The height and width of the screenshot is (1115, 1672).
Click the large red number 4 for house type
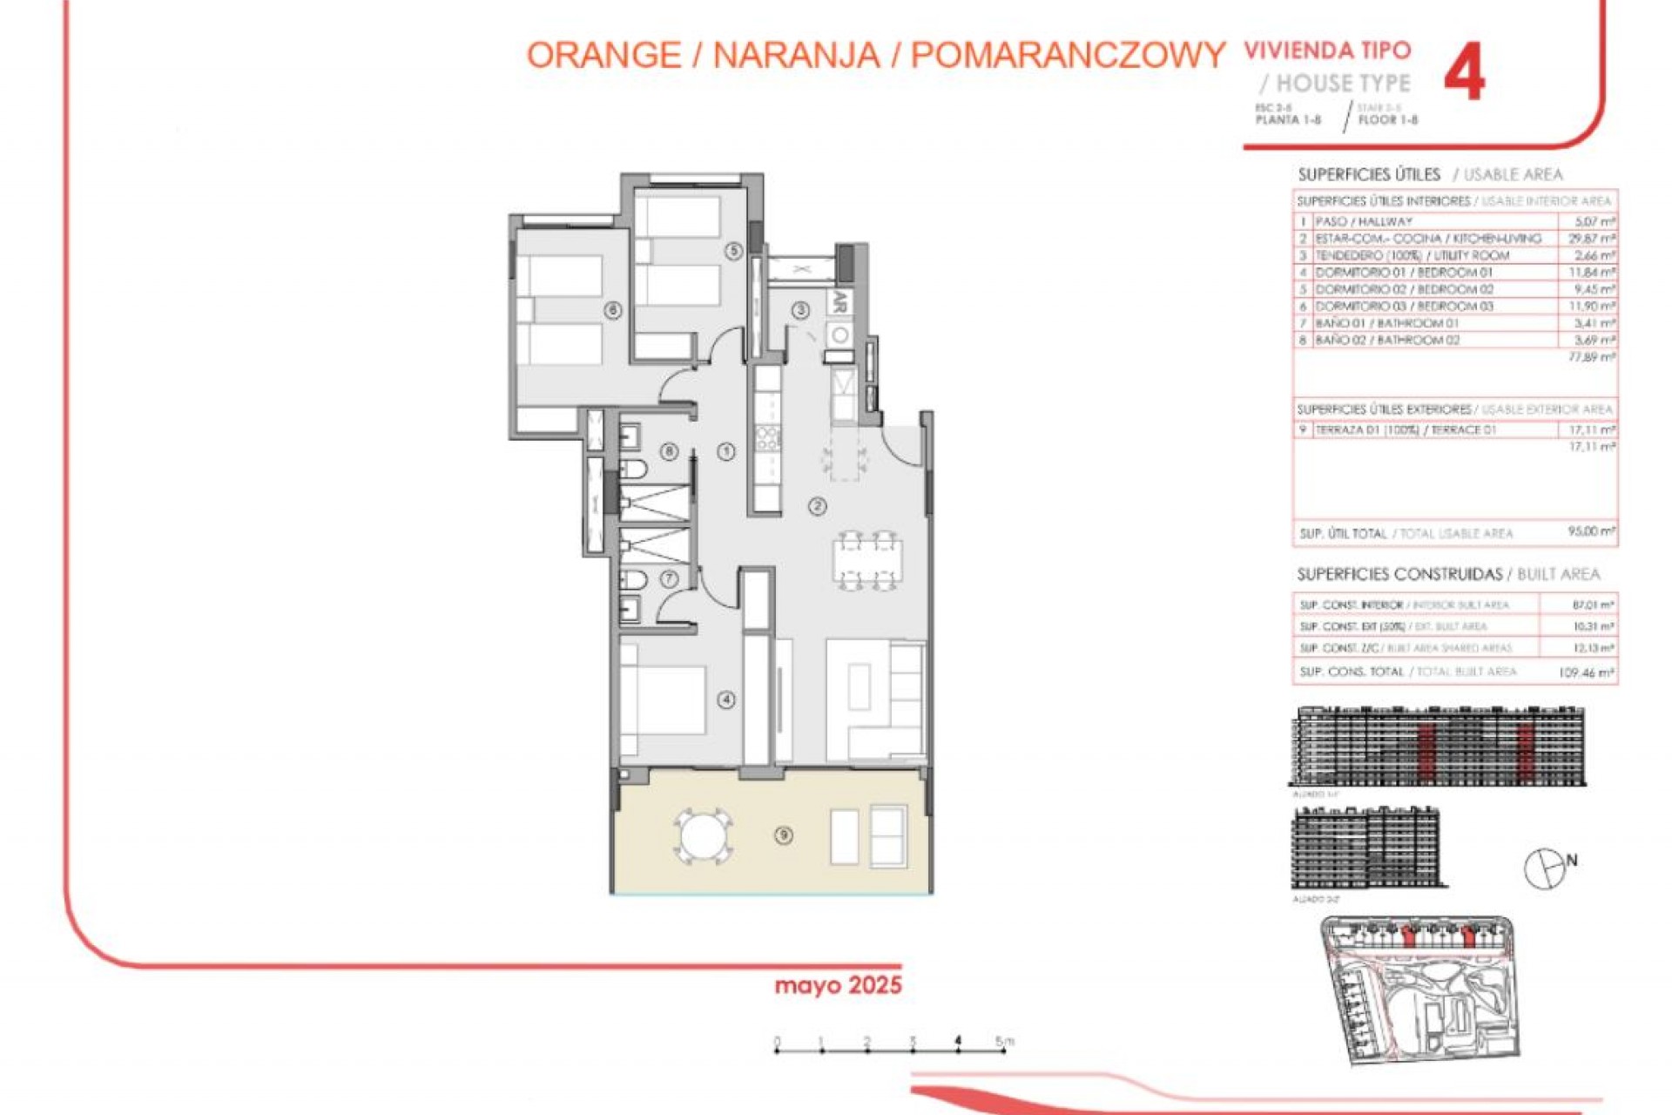(x=1464, y=72)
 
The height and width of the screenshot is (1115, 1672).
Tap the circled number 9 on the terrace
(x=784, y=835)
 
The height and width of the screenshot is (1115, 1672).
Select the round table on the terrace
(x=703, y=837)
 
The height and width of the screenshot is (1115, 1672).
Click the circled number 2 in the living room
(x=817, y=506)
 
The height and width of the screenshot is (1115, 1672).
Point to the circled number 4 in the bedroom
(x=726, y=699)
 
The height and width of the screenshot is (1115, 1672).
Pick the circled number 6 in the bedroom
(x=613, y=310)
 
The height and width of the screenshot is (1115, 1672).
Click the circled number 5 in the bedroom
(x=734, y=251)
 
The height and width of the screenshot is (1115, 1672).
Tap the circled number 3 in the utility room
(x=800, y=310)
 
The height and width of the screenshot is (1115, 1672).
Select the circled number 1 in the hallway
(x=726, y=451)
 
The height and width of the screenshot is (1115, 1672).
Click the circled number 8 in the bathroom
(x=669, y=451)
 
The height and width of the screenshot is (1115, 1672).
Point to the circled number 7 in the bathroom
(x=669, y=578)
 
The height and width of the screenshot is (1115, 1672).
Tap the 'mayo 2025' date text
(x=838, y=985)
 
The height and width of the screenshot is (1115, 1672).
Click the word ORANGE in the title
(x=603, y=56)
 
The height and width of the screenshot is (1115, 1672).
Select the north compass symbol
(x=1546, y=868)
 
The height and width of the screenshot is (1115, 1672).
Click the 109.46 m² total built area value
(x=1587, y=672)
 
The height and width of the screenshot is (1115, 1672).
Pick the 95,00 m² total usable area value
(x=1591, y=531)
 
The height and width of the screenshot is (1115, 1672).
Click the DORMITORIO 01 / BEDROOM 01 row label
(x=1404, y=273)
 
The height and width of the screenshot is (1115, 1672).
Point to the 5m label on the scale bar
(x=1004, y=1041)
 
